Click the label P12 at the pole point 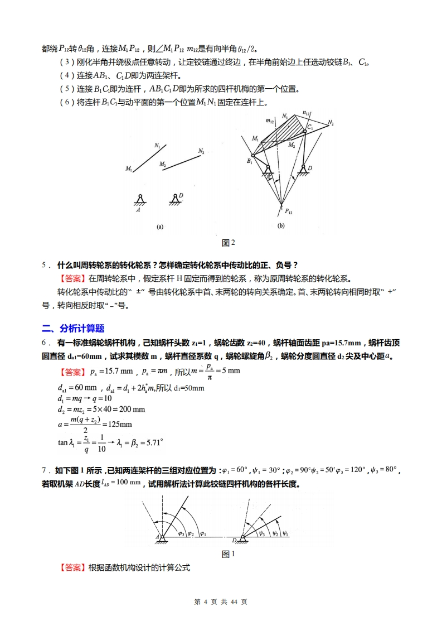pyautogui.click(x=289, y=211)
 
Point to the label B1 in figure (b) pyautogui.click(x=250, y=162)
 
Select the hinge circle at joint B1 pyautogui.click(x=253, y=156)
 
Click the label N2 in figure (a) pyautogui.click(x=201, y=151)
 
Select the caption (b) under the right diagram pyautogui.click(x=281, y=226)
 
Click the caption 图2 pyautogui.click(x=229, y=243)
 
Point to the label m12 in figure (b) pyautogui.click(x=270, y=121)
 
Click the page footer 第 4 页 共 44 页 pyautogui.click(x=221, y=602)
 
